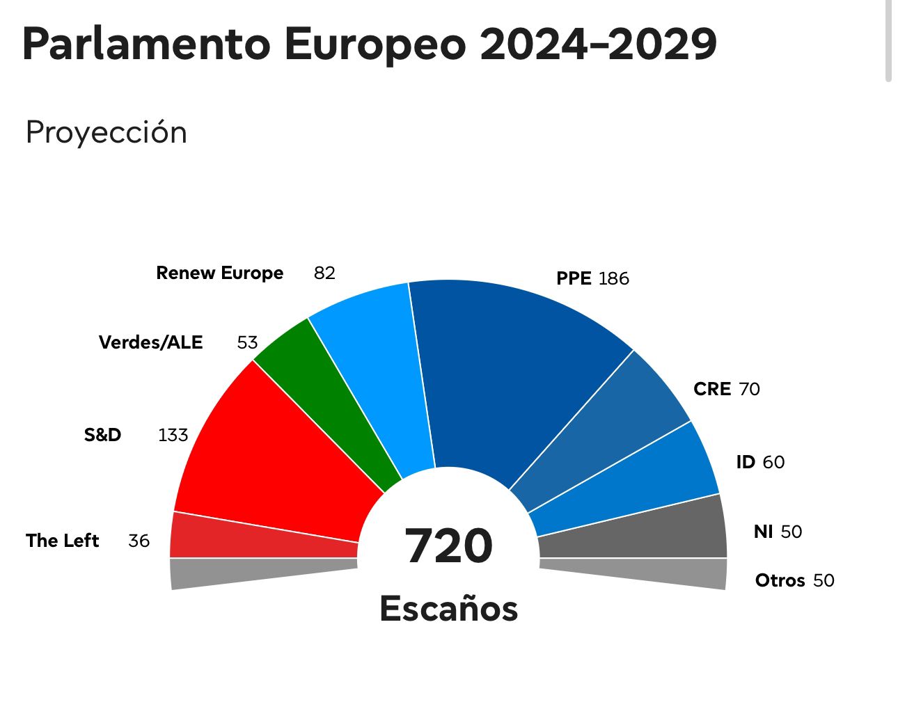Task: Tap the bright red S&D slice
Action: pyautogui.click(x=271, y=459)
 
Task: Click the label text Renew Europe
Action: pyautogui.click(x=220, y=273)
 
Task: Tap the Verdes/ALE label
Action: pyautogui.click(x=151, y=342)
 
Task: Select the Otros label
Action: pyautogui.click(x=780, y=580)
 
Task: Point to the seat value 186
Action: pyautogui.click(x=613, y=278)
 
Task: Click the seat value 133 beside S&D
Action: pyautogui.click(x=173, y=435)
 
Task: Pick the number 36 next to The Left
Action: pyautogui.click(x=139, y=541)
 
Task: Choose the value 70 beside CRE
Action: pyautogui.click(x=749, y=389)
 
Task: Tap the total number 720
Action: pyautogui.click(x=448, y=546)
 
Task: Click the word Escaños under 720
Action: pyautogui.click(x=449, y=608)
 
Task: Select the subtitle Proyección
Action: pyautogui.click(x=107, y=132)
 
